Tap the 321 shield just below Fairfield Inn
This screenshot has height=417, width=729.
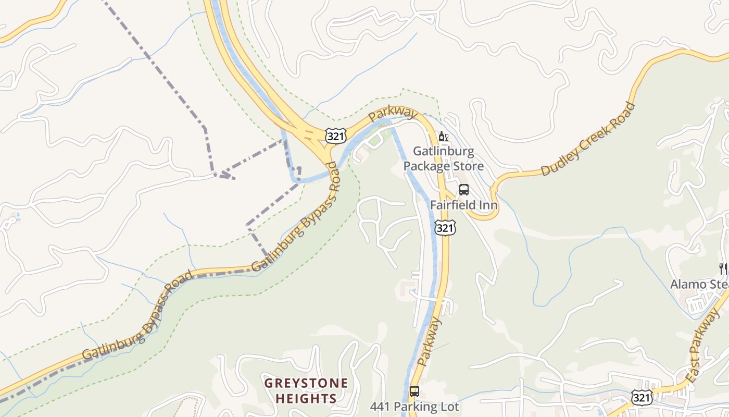pyautogui.click(x=445, y=227)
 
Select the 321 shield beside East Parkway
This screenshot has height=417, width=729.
pyautogui.click(x=640, y=398)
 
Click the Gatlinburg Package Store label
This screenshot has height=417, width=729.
pyautogui.click(x=444, y=159)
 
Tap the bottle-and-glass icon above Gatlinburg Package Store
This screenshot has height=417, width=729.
pyautogui.click(x=443, y=137)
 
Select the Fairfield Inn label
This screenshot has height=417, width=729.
pyautogui.click(x=463, y=205)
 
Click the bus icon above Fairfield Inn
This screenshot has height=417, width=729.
pyautogui.click(x=463, y=190)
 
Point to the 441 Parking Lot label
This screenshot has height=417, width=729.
pyautogui.click(x=415, y=406)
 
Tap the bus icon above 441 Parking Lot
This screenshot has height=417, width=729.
pyautogui.click(x=414, y=391)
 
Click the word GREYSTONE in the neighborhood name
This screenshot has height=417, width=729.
pyautogui.click(x=306, y=384)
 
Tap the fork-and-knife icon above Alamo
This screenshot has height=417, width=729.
pyautogui.click(x=723, y=269)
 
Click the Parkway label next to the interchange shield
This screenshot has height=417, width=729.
pyautogui.click(x=393, y=114)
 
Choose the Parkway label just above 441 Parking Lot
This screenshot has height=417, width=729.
pyautogui.click(x=430, y=341)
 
